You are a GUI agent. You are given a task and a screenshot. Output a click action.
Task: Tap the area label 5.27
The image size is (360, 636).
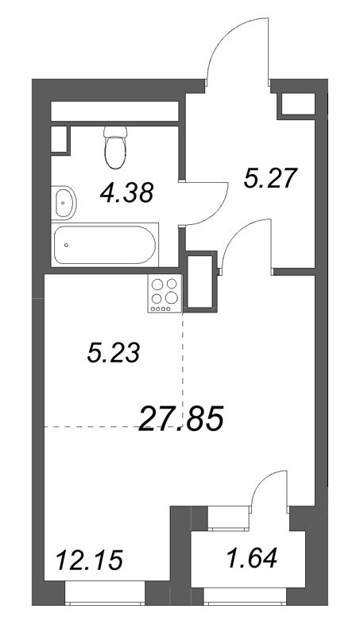270,179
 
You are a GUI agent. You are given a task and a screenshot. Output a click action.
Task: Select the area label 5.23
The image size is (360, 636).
114,354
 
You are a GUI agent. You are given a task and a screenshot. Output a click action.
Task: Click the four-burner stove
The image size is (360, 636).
165,292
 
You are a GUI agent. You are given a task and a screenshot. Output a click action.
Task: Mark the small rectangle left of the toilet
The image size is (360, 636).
59,138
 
